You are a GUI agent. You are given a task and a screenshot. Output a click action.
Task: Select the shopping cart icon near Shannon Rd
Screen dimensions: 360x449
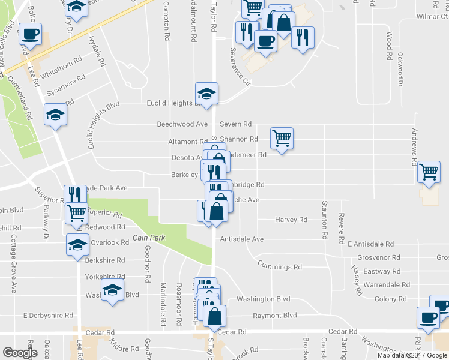(282, 139)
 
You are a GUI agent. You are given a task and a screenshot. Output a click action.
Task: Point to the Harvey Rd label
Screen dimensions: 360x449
(291, 220)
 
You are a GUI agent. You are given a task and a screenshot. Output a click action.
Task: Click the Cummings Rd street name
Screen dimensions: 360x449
(280, 266)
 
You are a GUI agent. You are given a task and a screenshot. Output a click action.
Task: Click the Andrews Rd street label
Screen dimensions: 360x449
(414, 147)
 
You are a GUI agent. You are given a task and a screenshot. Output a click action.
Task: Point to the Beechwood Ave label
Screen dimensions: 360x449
(182, 124)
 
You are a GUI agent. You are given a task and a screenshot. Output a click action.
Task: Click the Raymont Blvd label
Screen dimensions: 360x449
(275, 316)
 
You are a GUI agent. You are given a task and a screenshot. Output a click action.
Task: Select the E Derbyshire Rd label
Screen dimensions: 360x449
(48, 315)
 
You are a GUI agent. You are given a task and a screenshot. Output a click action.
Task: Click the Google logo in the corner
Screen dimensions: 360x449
(20, 353)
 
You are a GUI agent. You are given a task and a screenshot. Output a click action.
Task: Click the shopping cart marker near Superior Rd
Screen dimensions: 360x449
(77, 213)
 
